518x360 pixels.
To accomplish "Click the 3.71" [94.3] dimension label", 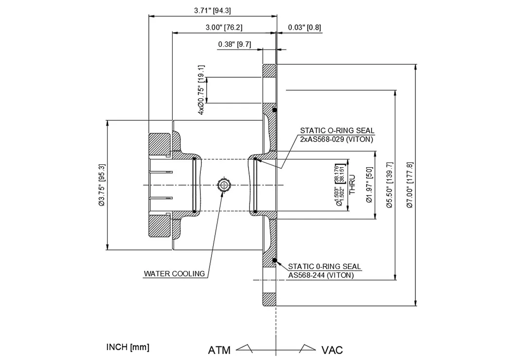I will (x=212, y=10).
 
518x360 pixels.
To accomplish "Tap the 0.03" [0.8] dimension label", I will (x=304, y=27).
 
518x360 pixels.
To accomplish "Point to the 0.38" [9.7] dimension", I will (x=234, y=44).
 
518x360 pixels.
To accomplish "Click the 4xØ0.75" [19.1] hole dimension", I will (x=201, y=90).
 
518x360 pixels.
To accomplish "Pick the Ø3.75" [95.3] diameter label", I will (x=102, y=185).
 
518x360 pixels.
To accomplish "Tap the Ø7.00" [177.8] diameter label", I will (x=409, y=185).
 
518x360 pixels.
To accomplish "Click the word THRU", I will (x=353, y=185).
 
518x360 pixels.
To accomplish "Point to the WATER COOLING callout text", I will (x=174, y=273).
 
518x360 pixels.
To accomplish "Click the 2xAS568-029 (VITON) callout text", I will (x=337, y=139).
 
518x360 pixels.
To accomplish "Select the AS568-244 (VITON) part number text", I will (x=321, y=275).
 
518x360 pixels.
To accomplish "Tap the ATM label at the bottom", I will (x=219, y=350).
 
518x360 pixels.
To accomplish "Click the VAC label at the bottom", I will (x=332, y=350).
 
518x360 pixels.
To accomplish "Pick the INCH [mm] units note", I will (x=127, y=347).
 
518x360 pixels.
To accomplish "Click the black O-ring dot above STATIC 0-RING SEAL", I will (x=275, y=261).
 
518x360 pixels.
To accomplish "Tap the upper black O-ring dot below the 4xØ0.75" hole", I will (x=275, y=110).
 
